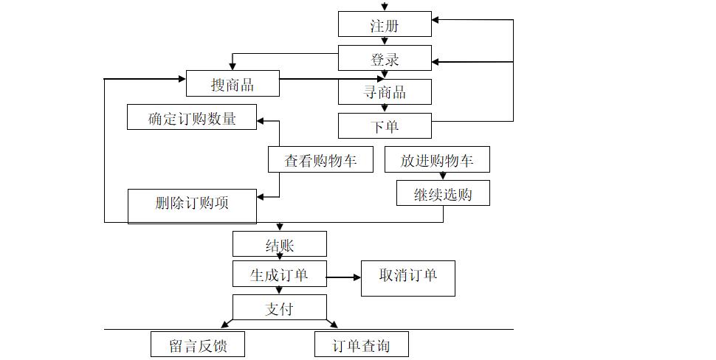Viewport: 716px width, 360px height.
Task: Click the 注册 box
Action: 385,25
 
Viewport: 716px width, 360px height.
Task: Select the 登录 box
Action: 385,58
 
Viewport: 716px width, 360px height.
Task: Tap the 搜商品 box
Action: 233,84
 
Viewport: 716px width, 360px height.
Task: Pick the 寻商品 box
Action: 385,92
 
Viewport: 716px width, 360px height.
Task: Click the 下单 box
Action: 385,126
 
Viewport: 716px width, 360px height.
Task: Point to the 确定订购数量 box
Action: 192,118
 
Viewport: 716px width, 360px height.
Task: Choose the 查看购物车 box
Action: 320,160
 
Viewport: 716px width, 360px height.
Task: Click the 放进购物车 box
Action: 437,160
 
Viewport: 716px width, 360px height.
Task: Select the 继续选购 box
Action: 443,194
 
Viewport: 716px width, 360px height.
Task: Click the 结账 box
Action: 279,244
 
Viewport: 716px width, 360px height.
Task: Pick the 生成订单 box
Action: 279,274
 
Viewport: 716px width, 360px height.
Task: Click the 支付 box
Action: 279,307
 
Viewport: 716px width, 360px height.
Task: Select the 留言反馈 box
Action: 197,345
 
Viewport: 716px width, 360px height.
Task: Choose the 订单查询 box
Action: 361,345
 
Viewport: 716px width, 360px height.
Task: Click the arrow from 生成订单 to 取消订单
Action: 343,277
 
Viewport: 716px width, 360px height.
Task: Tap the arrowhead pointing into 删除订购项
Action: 261,196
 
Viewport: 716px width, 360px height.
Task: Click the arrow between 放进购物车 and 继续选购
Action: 443,176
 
